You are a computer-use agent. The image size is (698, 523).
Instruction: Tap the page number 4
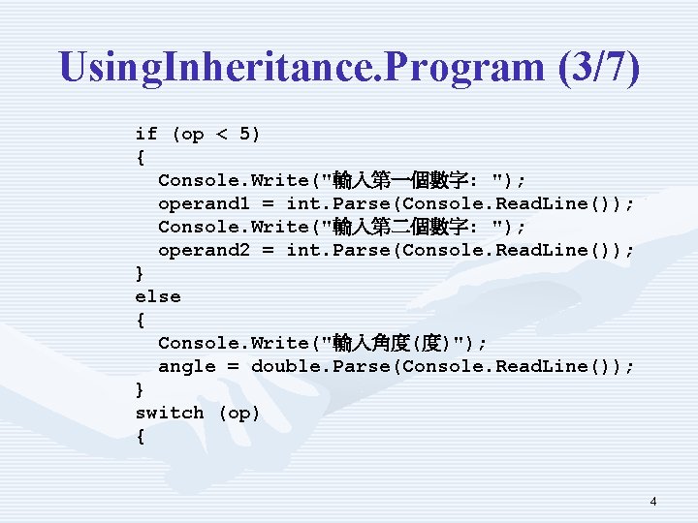coord(653,501)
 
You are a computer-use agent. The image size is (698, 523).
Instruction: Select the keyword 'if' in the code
coord(146,134)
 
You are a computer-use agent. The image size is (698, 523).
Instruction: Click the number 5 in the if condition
coord(245,134)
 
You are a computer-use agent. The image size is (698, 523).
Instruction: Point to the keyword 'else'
coord(158,296)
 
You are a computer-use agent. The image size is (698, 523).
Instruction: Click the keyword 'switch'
coord(170,413)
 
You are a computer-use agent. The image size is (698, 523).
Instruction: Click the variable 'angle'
coord(186,366)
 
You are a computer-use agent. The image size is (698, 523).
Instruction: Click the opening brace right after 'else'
coord(141,320)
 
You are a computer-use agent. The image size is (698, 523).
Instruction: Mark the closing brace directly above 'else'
coord(141,273)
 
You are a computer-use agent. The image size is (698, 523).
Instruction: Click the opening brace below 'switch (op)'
coord(141,436)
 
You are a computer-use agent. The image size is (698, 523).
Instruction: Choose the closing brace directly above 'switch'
coord(141,389)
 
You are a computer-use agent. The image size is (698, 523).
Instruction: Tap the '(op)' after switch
coord(239,413)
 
